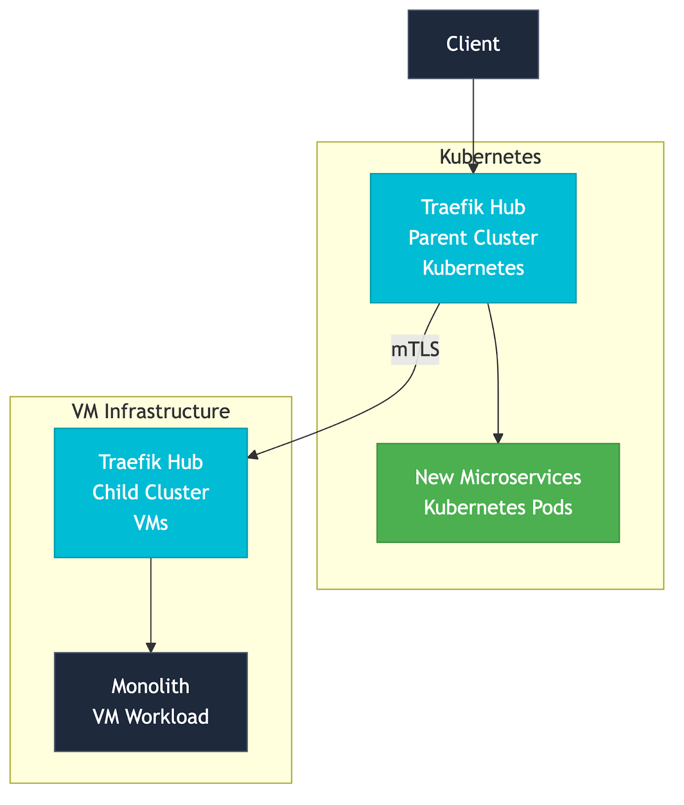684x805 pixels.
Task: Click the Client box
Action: (473, 44)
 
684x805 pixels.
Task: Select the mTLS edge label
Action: (415, 349)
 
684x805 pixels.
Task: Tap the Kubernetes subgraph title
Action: (490, 157)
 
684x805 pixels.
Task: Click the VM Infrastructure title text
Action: (150, 412)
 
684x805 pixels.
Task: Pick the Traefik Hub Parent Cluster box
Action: (473, 237)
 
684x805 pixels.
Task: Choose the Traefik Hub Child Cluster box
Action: (150, 492)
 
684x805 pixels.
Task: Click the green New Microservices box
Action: (498, 492)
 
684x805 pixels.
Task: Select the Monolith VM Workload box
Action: (150, 701)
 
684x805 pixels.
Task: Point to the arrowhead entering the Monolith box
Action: (150, 648)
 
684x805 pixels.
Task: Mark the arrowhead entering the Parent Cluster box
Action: (473, 168)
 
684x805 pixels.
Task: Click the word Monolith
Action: (150, 686)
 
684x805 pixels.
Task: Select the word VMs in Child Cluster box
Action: (150, 523)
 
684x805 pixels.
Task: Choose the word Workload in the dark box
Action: (167, 716)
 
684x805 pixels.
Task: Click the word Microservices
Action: (520, 477)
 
